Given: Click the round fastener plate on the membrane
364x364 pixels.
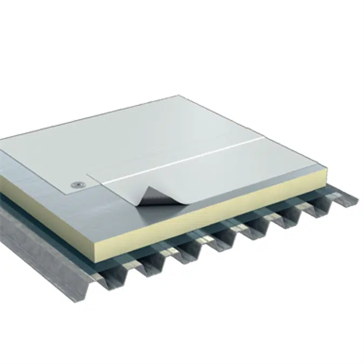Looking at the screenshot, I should tap(78, 185).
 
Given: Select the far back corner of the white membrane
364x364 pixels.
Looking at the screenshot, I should tap(178, 97).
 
